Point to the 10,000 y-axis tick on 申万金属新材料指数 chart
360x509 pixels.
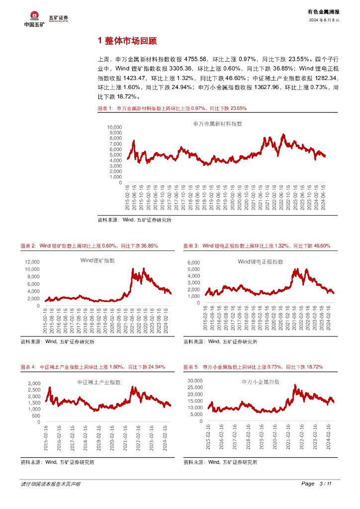click(x=114, y=127)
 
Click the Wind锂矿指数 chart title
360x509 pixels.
click(x=97, y=260)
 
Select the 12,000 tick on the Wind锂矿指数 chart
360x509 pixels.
click(x=32, y=262)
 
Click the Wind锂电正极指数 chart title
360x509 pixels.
click(x=260, y=261)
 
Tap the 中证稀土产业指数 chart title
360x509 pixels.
click(x=99, y=382)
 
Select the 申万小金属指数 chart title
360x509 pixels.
click(x=261, y=382)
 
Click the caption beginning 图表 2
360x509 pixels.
click(x=89, y=246)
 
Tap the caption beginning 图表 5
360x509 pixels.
click(x=253, y=367)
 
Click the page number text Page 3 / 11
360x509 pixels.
click(x=317, y=484)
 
